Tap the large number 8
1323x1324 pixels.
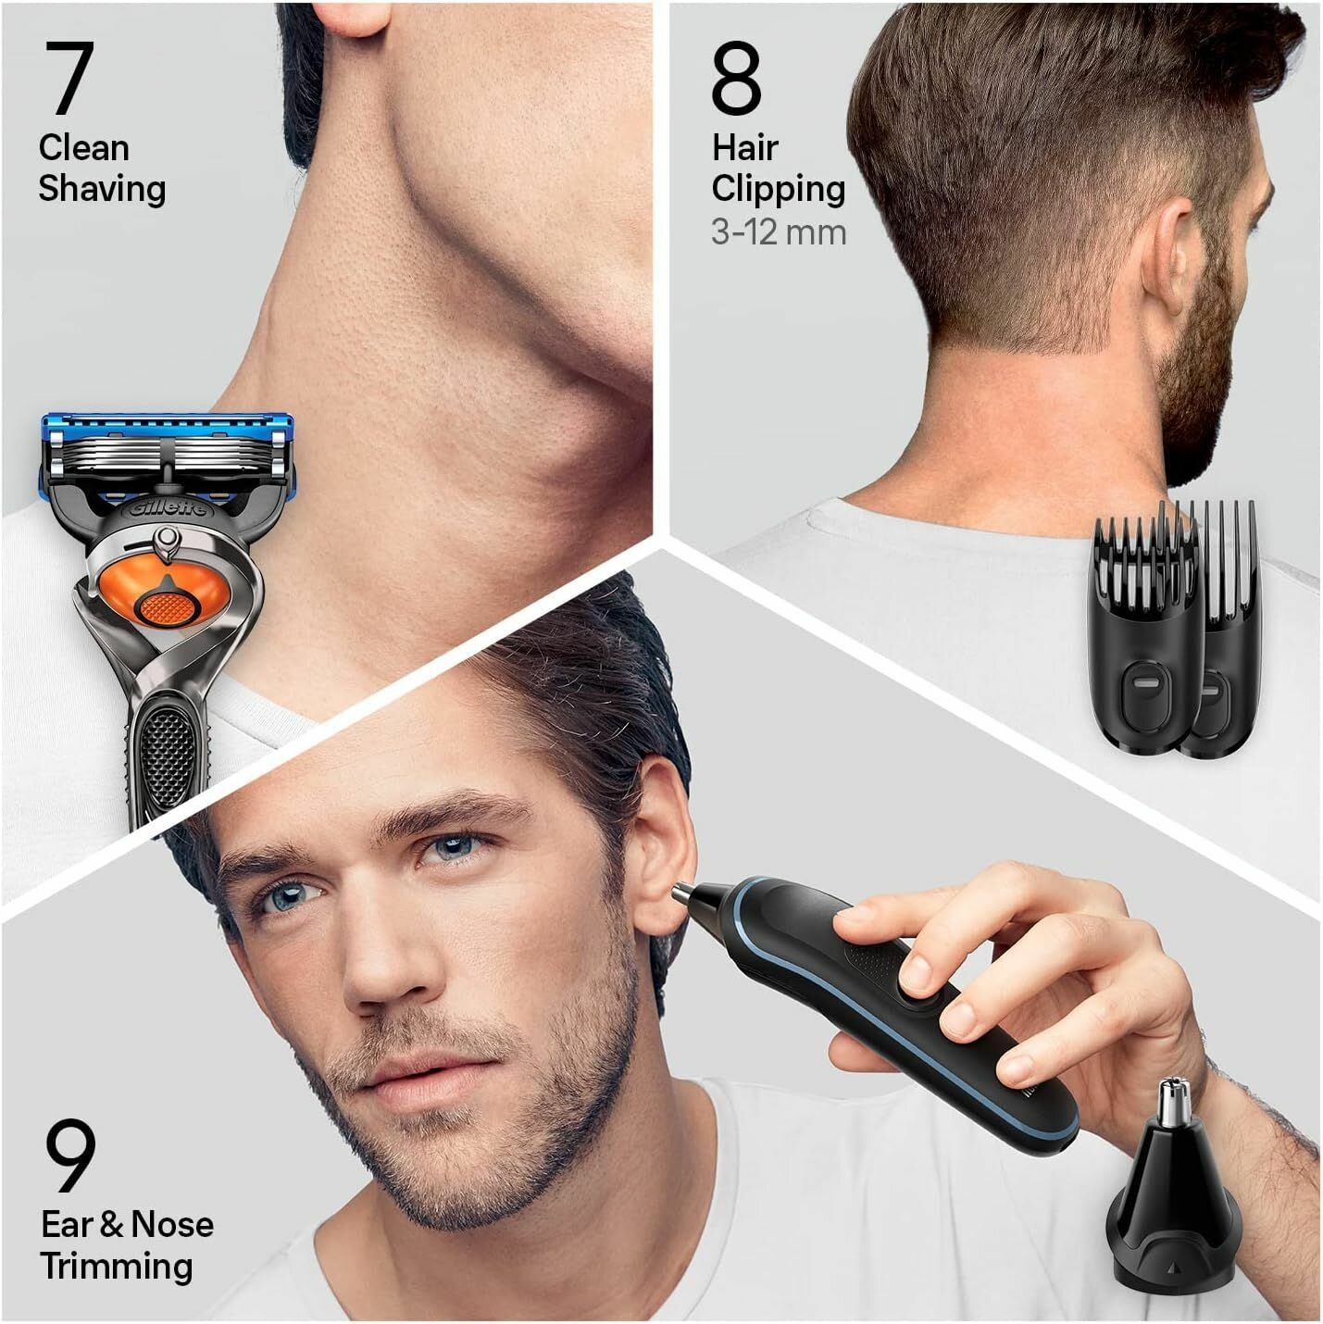[736, 78]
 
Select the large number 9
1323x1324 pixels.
[70, 1156]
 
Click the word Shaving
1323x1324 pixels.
[102, 190]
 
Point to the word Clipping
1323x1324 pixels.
[778, 190]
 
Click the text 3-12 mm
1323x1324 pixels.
[779, 232]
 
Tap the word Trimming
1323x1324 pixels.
[116, 1267]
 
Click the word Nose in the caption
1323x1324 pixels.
[172, 1224]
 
